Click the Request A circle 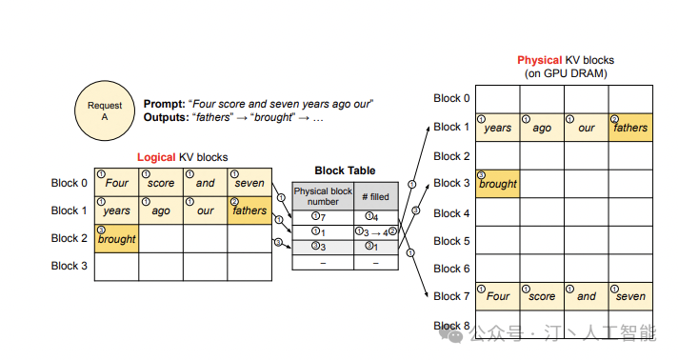(105, 110)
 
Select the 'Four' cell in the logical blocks (117, 182)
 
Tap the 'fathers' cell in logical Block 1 (249, 210)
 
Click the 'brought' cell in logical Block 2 (117, 238)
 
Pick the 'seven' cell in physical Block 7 (630, 296)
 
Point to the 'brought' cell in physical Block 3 (498, 184)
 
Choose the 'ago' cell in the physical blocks (542, 128)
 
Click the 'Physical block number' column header (323, 196)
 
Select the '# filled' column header (376, 196)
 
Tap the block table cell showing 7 (323, 218)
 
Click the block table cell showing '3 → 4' (376, 232)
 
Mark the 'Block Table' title (345, 170)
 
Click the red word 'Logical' (156, 157)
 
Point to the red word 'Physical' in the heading (540, 60)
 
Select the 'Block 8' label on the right (451, 326)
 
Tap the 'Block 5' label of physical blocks (451, 241)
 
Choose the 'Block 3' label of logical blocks (70, 266)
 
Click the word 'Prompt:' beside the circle (165, 104)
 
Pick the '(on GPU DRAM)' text (566, 73)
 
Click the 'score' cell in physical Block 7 (542, 296)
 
